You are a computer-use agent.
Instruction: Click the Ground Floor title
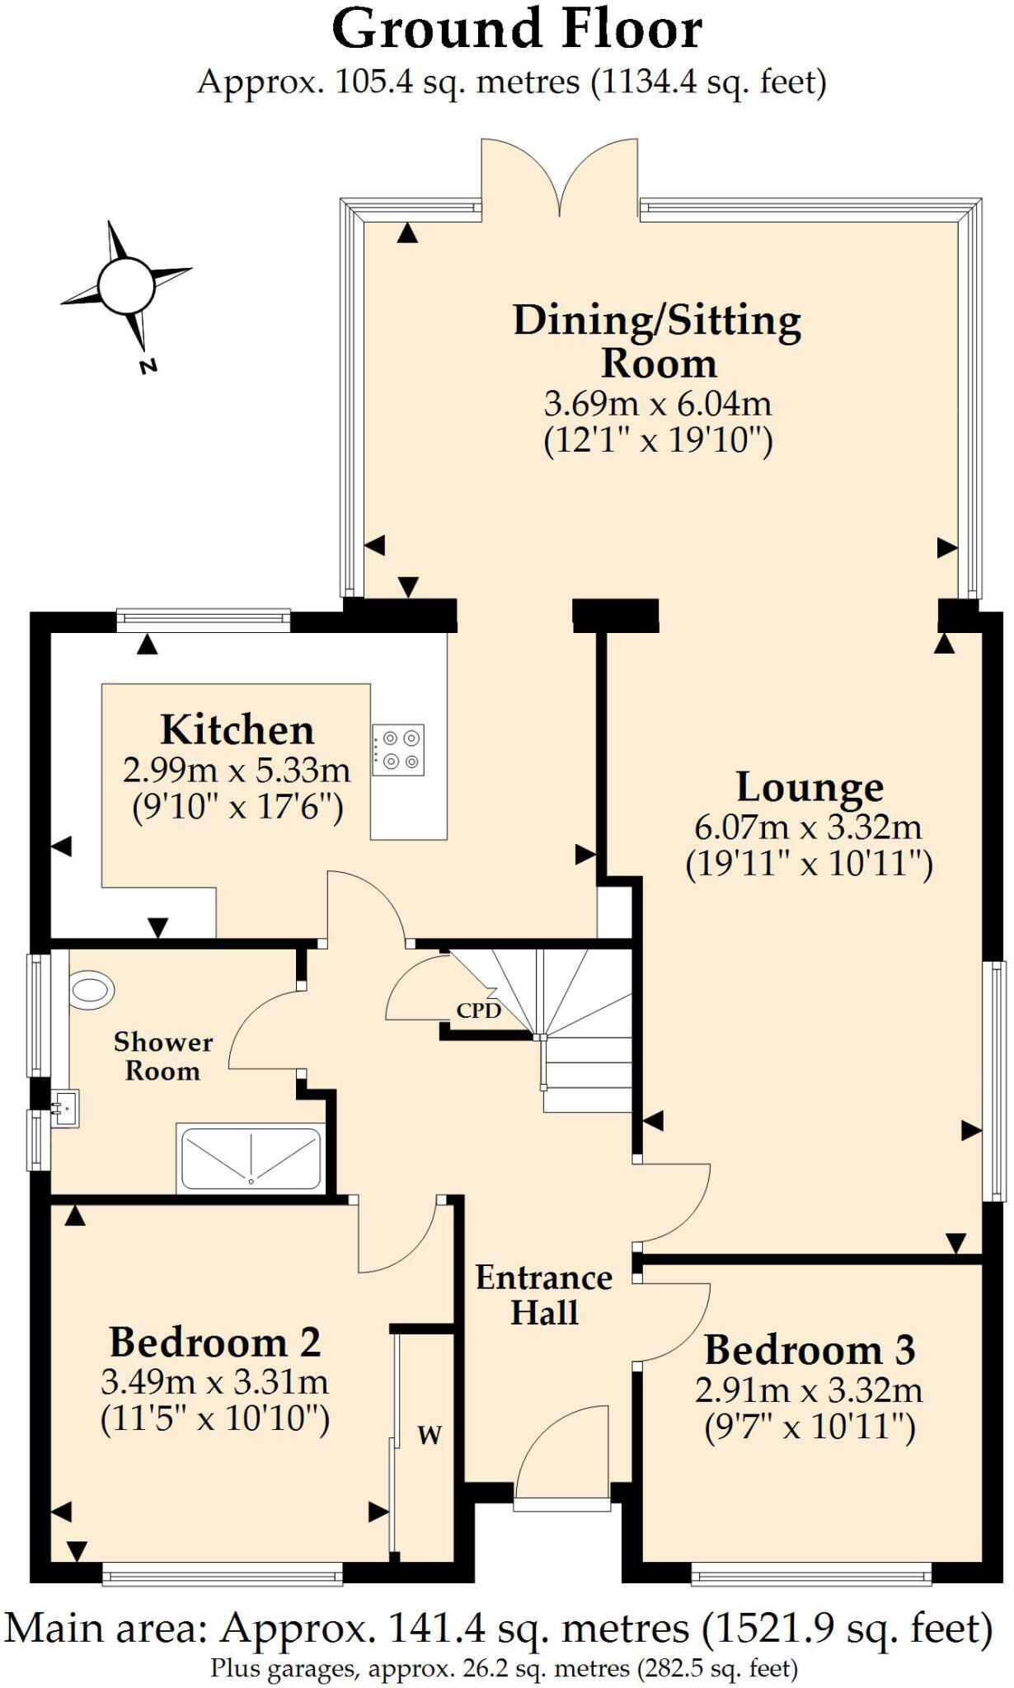tap(517, 30)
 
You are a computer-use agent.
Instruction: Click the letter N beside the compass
tap(148, 366)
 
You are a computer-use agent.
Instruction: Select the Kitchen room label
tap(237, 730)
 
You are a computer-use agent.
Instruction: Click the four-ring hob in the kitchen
tap(398, 750)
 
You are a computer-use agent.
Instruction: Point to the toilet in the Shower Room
tap(91, 989)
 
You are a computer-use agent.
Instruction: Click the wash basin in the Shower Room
tap(64, 1109)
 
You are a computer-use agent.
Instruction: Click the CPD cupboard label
tap(478, 1010)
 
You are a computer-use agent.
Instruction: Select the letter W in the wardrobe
tap(430, 1435)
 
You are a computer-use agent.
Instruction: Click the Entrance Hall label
tap(544, 1295)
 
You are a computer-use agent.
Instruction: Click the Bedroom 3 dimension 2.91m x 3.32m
tap(809, 1390)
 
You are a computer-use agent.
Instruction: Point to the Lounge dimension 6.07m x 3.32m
tap(809, 827)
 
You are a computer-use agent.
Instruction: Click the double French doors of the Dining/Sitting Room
tap(560, 177)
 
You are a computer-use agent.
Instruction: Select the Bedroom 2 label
tap(214, 1343)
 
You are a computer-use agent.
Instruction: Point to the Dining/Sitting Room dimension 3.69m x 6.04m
tap(658, 404)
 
